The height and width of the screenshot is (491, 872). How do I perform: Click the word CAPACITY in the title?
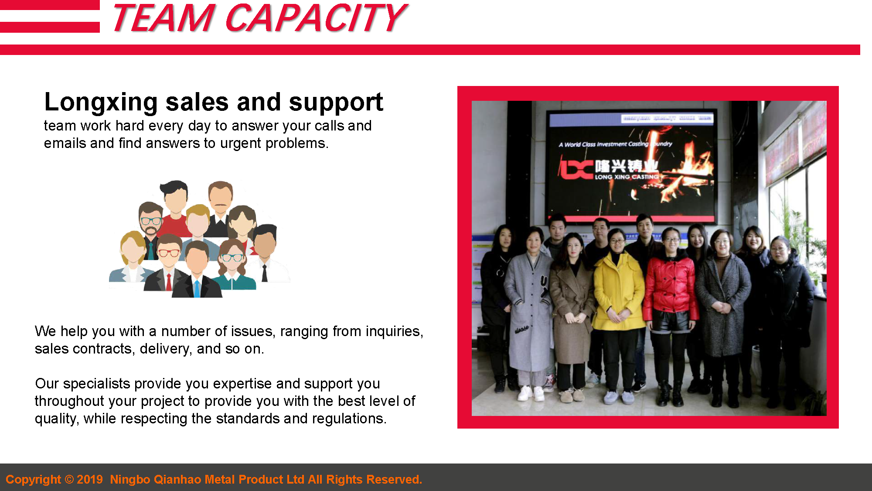[316, 18]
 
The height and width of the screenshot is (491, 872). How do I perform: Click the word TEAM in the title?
[163, 18]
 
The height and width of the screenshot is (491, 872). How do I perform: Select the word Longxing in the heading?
[101, 103]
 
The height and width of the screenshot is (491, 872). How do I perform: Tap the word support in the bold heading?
[336, 103]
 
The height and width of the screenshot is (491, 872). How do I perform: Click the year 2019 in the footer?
[90, 479]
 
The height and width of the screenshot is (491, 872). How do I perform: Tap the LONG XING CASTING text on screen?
[627, 177]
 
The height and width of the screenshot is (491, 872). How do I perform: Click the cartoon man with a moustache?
[220, 201]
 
